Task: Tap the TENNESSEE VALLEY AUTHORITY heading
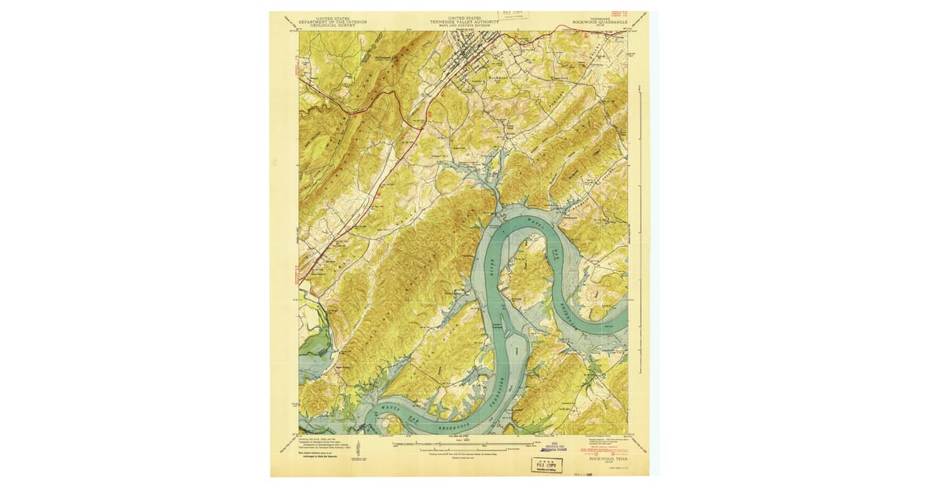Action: pos(466,22)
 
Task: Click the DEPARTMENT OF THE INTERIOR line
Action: pos(332,22)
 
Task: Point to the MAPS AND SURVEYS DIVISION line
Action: pos(466,26)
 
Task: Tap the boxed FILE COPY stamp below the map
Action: pos(547,465)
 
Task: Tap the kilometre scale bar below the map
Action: pos(465,449)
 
